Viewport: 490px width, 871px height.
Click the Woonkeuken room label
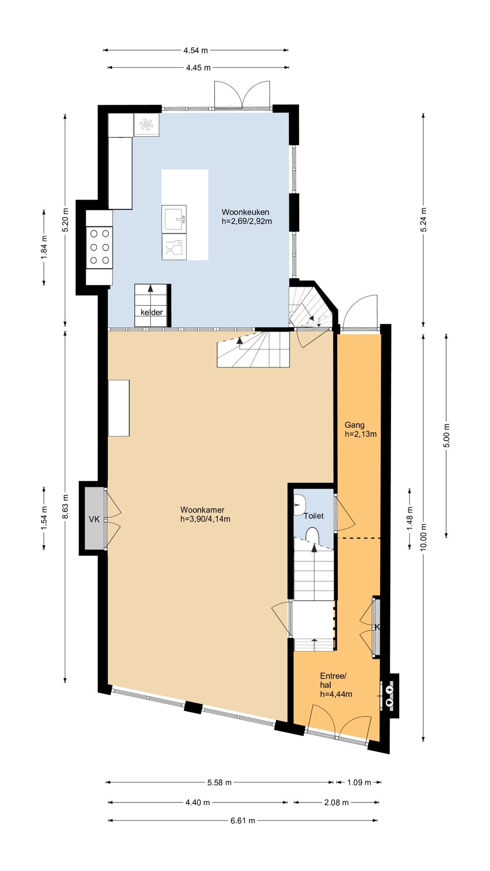coord(245,212)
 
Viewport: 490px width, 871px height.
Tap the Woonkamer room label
coord(202,510)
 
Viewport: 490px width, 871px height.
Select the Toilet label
coord(314,516)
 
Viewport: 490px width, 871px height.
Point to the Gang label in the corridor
coord(354,425)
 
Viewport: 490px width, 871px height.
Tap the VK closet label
coord(94,519)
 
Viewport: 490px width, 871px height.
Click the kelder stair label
coord(152,312)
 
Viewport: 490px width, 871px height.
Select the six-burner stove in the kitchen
coord(99,247)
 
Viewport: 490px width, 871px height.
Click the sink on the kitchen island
coord(174,219)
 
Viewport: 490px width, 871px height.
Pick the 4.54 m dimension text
coord(196,50)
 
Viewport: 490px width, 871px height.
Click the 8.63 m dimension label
coord(66,506)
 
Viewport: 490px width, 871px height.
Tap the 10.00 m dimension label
coord(423,537)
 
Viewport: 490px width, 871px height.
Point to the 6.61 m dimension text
coord(243,820)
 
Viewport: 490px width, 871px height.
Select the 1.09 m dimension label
coord(359,782)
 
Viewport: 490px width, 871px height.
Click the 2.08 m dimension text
coord(337,802)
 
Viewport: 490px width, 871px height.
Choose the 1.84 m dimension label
coord(44,248)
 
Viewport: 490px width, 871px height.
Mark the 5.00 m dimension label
coord(446,435)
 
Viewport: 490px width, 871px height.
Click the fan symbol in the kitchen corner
coord(146,125)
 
